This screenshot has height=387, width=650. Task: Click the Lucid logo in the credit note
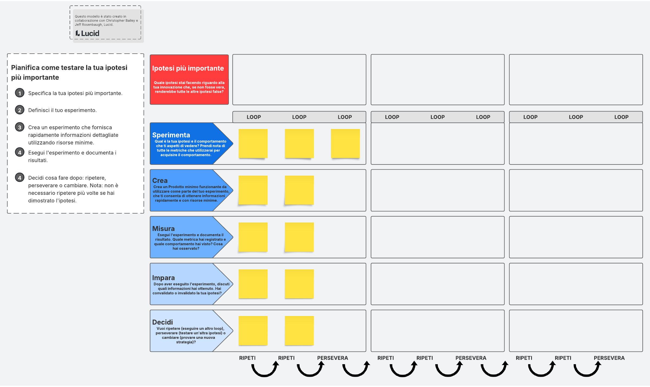tap(87, 33)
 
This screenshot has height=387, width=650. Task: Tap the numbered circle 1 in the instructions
tap(19, 93)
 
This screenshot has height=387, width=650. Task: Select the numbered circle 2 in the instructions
tap(19, 110)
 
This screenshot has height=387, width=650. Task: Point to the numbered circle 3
tap(19, 127)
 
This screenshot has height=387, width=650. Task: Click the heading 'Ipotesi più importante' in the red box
tap(188, 68)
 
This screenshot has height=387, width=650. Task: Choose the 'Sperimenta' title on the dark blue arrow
tap(171, 135)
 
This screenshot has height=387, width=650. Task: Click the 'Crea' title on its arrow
tap(160, 180)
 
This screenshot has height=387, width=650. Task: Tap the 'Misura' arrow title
tap(163, 228)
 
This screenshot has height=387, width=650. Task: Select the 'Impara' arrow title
tap(163, 278)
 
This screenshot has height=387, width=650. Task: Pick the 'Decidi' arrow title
tap(162, 322)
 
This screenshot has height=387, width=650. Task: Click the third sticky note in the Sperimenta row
tap(345, 144)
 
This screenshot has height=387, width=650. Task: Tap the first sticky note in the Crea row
tap(253, 190)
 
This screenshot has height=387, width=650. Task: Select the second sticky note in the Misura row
tap(299, 237)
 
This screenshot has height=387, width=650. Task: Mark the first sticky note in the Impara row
tap(253, 284)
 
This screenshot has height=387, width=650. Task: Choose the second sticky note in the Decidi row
tap(299, 331)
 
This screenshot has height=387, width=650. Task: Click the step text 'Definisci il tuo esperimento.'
tap(62, 110)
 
